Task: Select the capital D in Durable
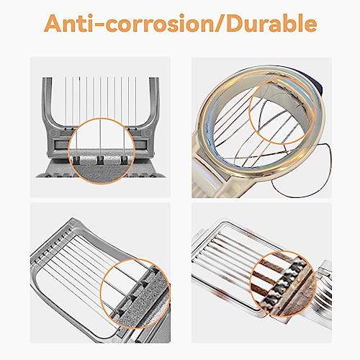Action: (234, 24)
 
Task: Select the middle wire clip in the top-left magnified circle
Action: (100, 160)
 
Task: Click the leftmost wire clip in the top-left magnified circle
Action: (76, 160)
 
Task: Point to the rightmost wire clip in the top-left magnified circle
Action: (124, 160)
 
